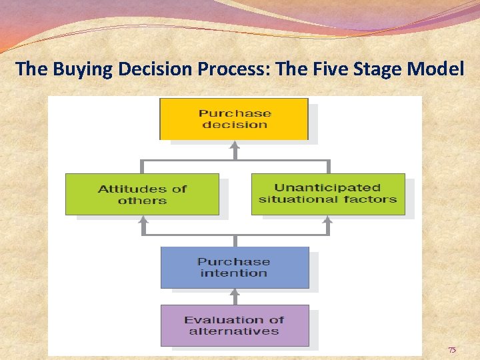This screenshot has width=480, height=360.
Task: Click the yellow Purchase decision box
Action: tap(233, 119)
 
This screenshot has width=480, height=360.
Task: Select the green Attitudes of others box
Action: tap(142, 194)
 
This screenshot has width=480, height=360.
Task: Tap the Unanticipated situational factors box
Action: tap(327, 193)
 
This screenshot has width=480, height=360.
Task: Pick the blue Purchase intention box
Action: tap(234, 267)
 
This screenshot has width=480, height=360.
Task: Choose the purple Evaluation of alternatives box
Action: tap(234, 325)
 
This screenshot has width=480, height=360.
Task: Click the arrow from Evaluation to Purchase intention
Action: tap(234, 296)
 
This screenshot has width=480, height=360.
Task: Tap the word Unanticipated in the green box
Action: tap(327, 187)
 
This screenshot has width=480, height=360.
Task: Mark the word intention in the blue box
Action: tap(233, 273)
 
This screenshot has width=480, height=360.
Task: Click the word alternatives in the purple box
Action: tap(233, 331)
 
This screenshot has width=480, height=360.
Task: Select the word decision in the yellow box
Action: tap(234, 125)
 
